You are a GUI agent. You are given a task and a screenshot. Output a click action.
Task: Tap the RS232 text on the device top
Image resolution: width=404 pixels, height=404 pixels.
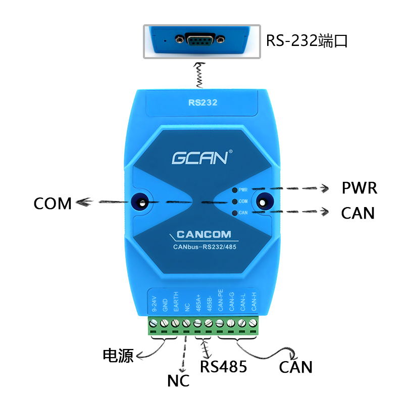203,103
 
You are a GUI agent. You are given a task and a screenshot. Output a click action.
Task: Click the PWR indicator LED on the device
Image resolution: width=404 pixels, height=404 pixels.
234,190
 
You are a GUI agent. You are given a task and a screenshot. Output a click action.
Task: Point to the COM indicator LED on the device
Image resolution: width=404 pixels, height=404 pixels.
234,201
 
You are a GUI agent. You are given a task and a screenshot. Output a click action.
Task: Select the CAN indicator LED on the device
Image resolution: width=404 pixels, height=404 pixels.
234,213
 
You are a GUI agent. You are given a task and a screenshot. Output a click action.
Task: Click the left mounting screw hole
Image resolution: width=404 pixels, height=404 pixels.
140,203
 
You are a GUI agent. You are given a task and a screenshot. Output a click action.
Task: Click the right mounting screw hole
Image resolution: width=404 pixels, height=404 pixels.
263,203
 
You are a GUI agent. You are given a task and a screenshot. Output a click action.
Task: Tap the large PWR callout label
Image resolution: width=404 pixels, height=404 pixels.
359,189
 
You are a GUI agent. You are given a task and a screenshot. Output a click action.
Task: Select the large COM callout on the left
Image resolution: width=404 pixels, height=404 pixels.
53,204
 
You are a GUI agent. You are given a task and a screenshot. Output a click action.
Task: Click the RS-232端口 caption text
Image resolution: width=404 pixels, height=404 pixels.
308,41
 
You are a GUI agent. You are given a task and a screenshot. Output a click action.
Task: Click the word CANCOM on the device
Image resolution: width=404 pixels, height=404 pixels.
204,234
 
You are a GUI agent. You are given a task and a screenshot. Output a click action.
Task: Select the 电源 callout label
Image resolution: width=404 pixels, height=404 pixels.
118,356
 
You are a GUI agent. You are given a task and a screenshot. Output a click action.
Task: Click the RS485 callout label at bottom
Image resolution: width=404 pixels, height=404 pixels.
223,367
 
